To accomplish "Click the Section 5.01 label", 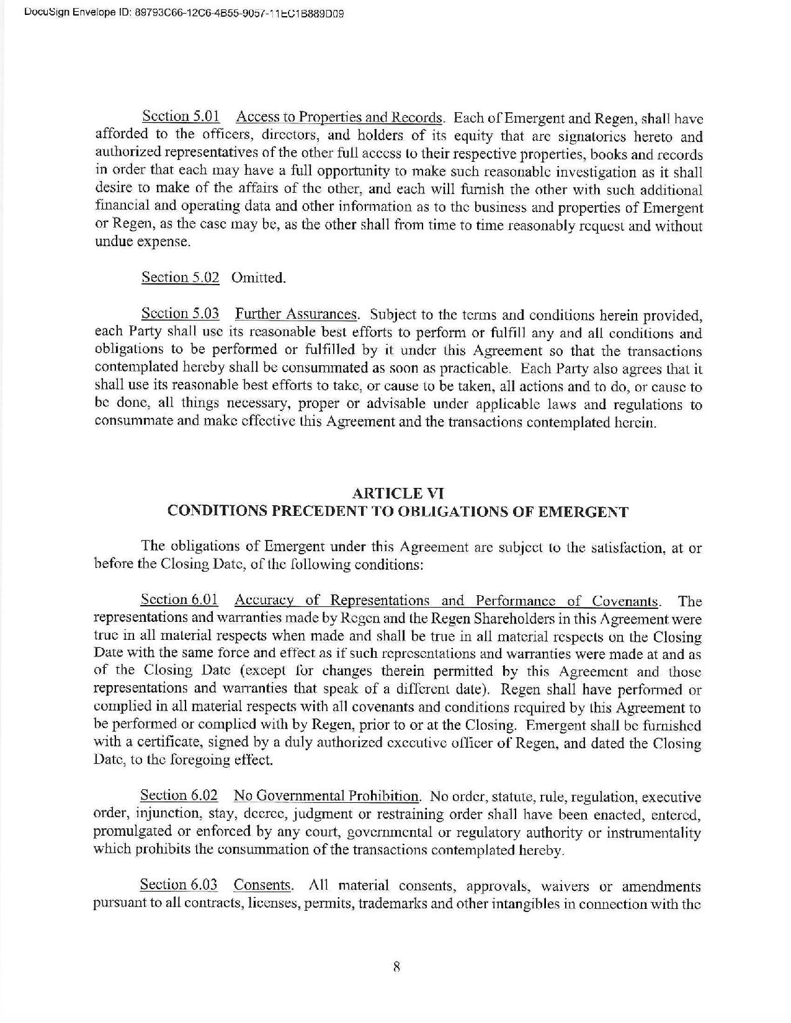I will [175, 117].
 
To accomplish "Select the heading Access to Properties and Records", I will [339, 117].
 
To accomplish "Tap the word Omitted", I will [258, 278].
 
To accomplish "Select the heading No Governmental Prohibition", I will [327, 796].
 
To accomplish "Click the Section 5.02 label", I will [181, 278].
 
